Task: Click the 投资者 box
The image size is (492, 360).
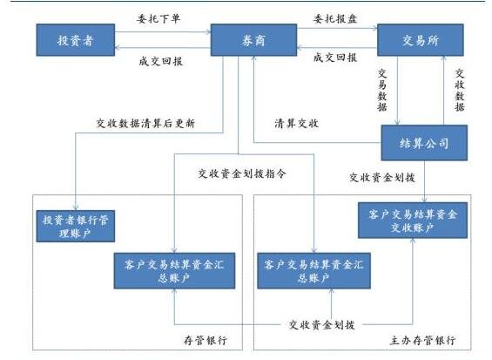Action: click(73, 41)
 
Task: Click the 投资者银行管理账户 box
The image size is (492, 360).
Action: click(78, 226)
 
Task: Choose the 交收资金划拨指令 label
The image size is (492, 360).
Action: click(243, 173)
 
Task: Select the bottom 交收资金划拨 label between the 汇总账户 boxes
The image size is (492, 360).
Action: click(321, 325)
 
